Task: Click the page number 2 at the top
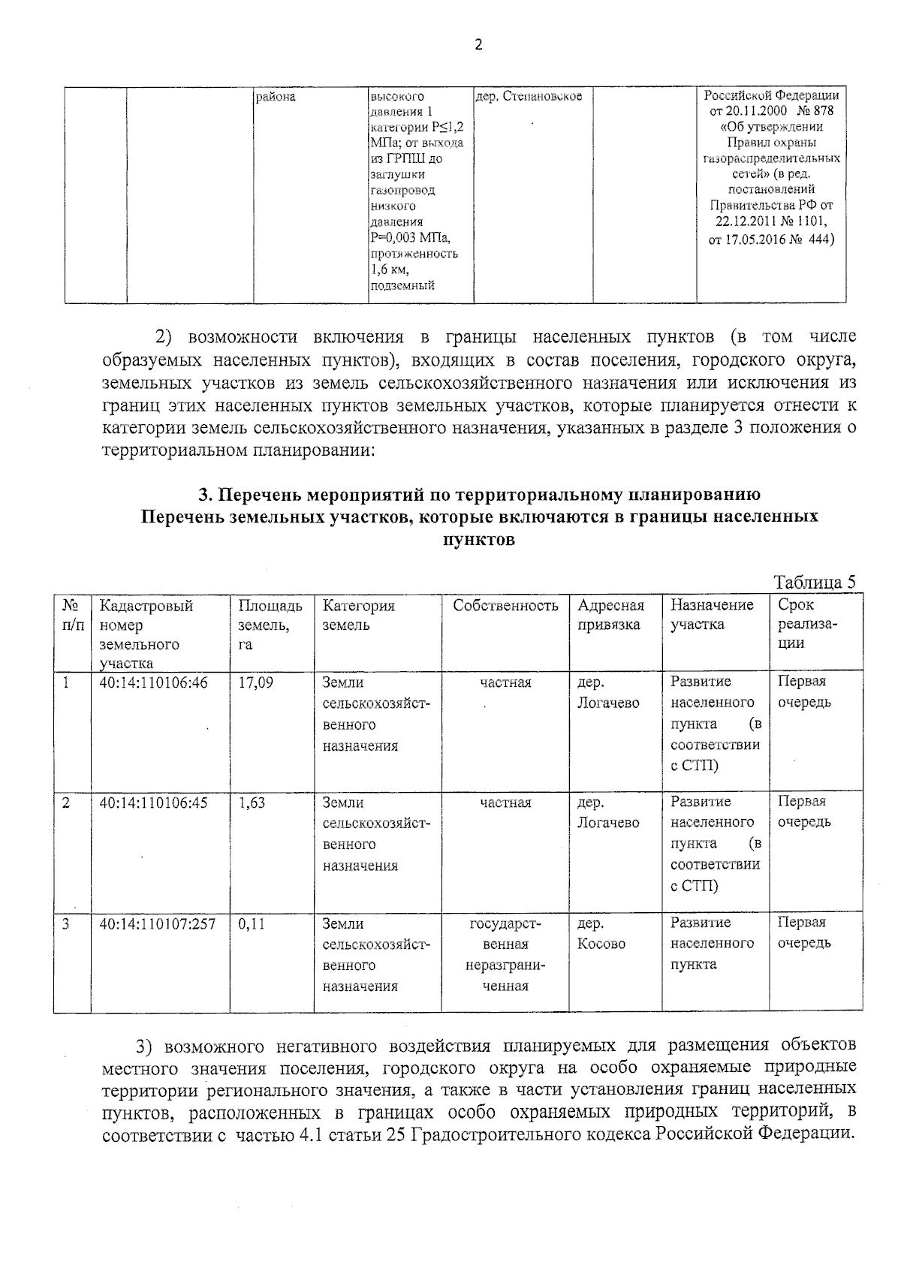click(x=478, y=44)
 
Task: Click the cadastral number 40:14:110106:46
click(x=153, y=682)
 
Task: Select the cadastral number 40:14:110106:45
click(x=153, y=803)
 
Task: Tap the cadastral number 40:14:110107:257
click(x=158, y=923)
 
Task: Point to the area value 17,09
click(x=255, y=682)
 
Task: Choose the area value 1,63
click(x=252, y=803)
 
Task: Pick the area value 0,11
click(x=252, y=923)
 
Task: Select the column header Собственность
click(x=505, y=606)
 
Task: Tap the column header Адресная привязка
click(x=610, y=615)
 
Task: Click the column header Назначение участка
click(x=711, y=615)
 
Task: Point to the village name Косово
click(x=601, y=944)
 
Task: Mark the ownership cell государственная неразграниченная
click(x=505, y=954)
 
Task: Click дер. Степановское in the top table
click(x=529, y=97)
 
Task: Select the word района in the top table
click(x=276, y=97)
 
